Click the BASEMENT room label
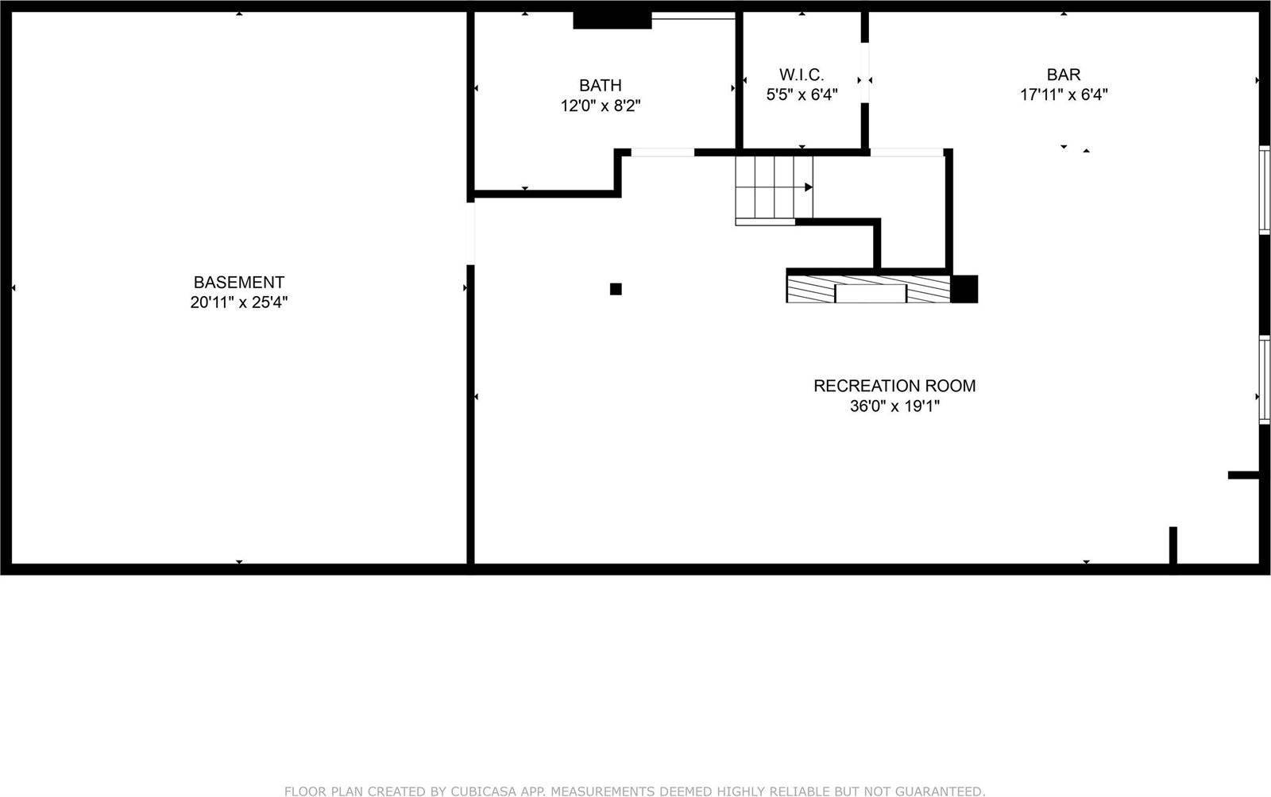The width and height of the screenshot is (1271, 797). pyautogui.click(x=238, y=282)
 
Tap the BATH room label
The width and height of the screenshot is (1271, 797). pyautogui.click(x=600, y=85)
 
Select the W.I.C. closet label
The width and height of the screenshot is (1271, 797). pyautogui.click(x=802, y=75)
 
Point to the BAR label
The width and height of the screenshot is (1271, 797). pyautogui.click(x=1063, y=75)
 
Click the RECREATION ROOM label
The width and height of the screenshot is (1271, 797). pyautogui.click(x=894, y=386)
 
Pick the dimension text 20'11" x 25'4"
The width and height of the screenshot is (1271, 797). pyautogui.click(x=238, y=302)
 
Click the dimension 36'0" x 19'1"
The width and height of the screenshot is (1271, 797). pyautogui.click(x=894, y=406)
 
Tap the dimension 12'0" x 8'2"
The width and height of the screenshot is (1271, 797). pyautogui.click(x=600, y=106)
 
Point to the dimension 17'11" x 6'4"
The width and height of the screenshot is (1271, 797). pyautogui.click(x=1063, y=95)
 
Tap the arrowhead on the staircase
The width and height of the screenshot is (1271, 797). pyautogui.click(x=809, y=187)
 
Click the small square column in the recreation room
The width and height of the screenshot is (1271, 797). pyautogui.click(x=616, y=289)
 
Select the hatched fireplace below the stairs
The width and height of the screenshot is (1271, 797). pyautogui.click(x=868, y=289)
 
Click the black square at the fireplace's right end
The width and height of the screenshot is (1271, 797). pyautogui.click(x=964, y=289)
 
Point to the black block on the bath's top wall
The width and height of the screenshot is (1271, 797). pyautogui.click(x=612, y=20)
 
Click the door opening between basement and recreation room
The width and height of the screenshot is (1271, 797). pyautogui.click(x=470, y=233)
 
